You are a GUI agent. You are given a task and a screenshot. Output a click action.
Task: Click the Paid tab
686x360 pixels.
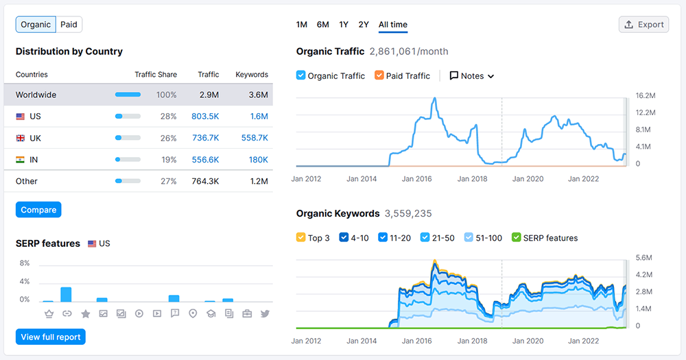[x=69, y=25]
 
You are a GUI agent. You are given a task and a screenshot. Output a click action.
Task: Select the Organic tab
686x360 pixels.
[x=36, y=25]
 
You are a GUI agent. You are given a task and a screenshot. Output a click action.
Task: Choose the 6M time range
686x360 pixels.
[x=322, y=25]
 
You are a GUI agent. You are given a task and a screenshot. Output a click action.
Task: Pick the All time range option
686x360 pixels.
[x=392, y=25]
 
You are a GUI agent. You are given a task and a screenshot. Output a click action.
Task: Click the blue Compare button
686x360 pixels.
[x=38, y=210]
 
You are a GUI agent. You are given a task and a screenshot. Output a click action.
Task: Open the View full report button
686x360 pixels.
[x=51, y=337]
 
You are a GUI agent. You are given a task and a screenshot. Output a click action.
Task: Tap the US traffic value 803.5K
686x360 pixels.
[x=205, y=117]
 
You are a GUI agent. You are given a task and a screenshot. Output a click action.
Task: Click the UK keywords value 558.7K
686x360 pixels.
[x=255, y=138]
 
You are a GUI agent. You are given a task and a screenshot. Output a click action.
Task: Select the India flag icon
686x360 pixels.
[x=21, y=160]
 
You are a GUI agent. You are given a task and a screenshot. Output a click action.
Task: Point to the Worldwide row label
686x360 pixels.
[x=36, y=95]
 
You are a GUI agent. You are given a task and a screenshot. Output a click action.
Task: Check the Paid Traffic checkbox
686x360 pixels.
[x=379, y=75]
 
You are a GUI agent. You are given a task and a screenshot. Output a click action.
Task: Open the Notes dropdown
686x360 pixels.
[x=472, y=76]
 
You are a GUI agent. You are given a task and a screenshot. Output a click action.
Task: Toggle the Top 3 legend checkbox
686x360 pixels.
[x=301, y=238]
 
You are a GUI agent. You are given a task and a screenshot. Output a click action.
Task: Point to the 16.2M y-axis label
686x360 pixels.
[x=646, y=95]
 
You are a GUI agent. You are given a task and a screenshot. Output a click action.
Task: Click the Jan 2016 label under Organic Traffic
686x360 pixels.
[x=417, y=179]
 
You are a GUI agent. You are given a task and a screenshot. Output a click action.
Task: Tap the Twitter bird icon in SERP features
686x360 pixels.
[x=265, y=313]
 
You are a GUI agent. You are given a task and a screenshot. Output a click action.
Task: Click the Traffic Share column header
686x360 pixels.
[x=156, y=75]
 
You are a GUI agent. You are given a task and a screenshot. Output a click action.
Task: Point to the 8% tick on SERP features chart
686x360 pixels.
[x=25, y=263]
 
